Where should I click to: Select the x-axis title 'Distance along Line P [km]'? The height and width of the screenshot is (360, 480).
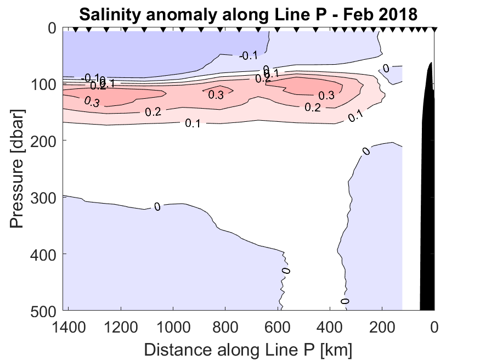pos(248,348)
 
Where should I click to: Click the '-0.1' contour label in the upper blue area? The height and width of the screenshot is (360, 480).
pos(250,55)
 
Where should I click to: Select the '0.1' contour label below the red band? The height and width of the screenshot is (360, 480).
pos(192,123)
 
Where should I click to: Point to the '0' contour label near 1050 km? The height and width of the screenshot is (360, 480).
pos(157,207)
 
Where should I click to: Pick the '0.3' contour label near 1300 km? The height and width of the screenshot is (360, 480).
pos(92,101)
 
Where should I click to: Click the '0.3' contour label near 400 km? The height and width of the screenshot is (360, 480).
pos(326,95)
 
